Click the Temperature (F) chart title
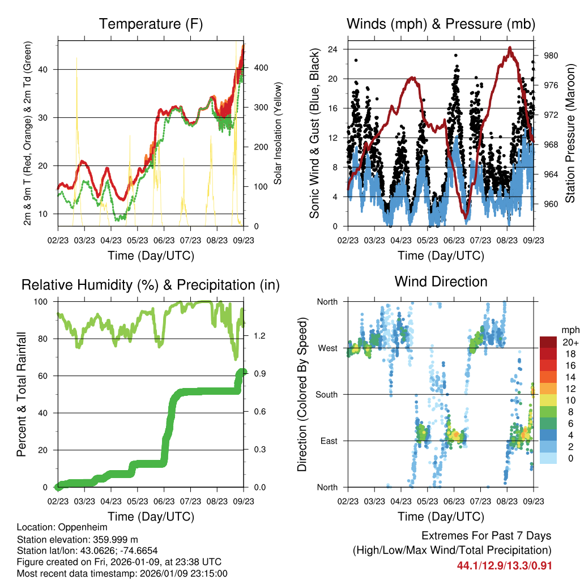151,24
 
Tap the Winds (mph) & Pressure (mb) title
441,24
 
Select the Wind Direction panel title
441,282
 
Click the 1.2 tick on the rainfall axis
252,336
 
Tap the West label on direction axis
327,348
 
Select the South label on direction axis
326,394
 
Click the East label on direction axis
329,441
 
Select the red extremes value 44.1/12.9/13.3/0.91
504,565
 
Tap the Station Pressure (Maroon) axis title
570,134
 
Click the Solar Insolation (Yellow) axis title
278,134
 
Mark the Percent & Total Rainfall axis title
22,395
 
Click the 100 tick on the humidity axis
45,302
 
